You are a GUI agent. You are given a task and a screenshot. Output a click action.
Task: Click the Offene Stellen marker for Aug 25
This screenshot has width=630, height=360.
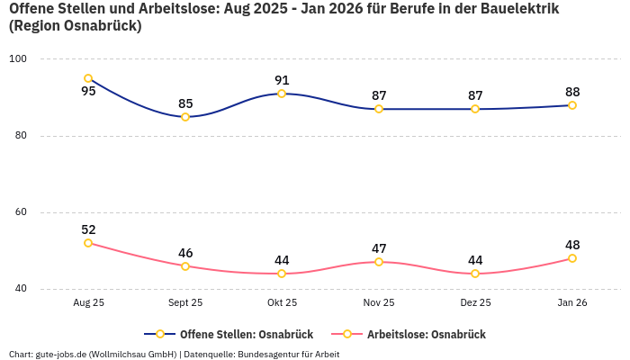(88, 78)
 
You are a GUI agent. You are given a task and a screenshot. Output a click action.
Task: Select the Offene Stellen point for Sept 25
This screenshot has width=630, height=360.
(185, 117)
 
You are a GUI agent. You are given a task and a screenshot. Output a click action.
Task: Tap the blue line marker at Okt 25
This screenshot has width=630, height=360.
(282, 94)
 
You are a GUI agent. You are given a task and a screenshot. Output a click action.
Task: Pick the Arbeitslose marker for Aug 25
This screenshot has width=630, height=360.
(88, 243)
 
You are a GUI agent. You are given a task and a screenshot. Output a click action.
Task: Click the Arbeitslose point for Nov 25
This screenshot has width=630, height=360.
(379, 262)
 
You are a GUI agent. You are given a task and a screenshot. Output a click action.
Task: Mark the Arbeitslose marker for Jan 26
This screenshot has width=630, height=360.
(572, 258)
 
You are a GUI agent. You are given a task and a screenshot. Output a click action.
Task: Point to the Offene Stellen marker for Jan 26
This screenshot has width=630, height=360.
(572, 105)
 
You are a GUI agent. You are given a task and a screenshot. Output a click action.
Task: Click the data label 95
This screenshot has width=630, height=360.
(88, 91)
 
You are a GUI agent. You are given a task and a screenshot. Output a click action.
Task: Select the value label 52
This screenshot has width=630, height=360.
(88, 229)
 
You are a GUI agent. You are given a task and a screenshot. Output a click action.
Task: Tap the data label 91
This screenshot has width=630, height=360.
(282, 80)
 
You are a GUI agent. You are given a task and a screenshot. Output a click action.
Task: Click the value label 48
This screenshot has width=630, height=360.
(572, 245)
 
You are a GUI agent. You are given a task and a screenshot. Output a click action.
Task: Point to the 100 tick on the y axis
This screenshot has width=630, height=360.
(18, 59)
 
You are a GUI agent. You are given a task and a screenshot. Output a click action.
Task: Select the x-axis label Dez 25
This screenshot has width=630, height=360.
(475, 302)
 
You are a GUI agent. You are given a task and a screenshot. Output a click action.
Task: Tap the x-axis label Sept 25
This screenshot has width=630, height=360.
(185, 302)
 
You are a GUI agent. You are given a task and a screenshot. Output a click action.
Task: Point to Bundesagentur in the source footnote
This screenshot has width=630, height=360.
(269, 354)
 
